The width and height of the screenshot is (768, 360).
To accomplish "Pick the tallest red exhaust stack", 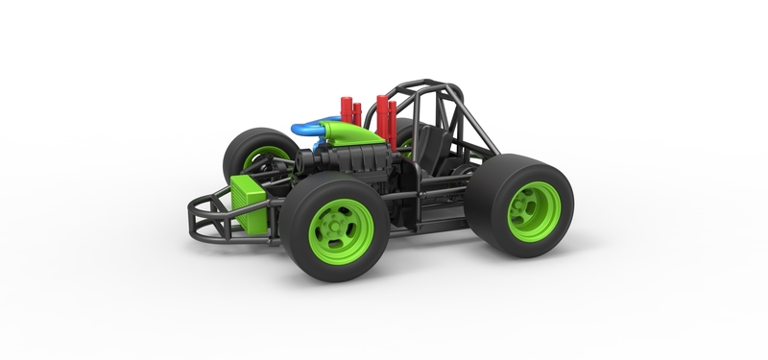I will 382,116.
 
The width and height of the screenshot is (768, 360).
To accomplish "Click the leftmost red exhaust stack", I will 345,108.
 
